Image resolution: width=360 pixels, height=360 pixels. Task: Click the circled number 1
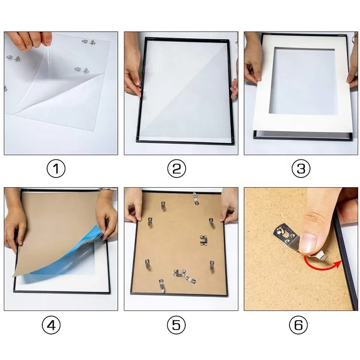tap(56, 168)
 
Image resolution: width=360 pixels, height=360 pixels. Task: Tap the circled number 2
tap(176, 168)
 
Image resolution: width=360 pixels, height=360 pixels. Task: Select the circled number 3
tap(301, 168)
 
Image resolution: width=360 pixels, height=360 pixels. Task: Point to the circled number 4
tap(51, 325)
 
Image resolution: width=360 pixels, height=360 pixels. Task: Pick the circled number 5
tap(176, 325)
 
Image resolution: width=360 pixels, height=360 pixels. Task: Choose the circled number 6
tap(298, 325)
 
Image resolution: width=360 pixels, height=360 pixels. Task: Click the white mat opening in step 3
tap(301, 81)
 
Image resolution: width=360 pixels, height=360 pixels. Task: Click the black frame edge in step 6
tap(347, 259)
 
